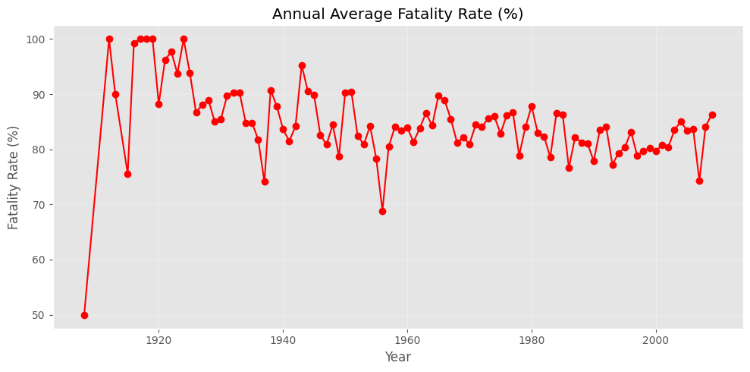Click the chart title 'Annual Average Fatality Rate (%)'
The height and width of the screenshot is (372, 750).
[x=397, y=14]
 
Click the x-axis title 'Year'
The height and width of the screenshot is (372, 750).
[x=397, y=357]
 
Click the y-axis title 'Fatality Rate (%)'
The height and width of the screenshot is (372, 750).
[x=14, y=177]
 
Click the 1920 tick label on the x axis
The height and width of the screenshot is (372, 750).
[x=158, y=339]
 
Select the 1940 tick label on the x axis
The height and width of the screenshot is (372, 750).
[x=283, y=339]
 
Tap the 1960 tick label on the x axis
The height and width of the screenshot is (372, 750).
[x=407, y=339]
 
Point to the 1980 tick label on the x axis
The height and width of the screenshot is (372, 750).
[x=532, y=339]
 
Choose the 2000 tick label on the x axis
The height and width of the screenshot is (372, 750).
[x=656, y=339]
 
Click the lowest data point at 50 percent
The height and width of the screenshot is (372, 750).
[x=84, y=315]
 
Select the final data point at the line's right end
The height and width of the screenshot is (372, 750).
[x=712, y=115]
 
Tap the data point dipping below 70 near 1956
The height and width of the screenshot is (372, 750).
[x=382, y=211]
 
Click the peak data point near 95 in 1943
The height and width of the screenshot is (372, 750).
[x=302, y=65]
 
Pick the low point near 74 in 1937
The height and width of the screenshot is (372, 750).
[x=265, y=181]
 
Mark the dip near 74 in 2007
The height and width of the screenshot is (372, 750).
[x=699, y=181]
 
